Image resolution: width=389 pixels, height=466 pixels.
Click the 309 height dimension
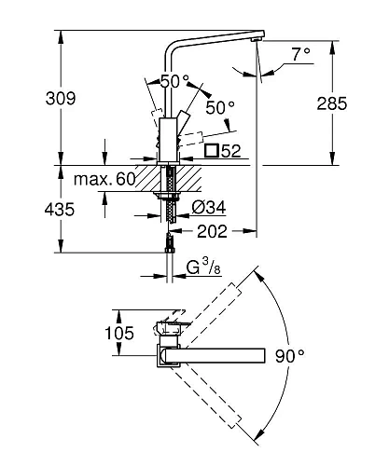(x=61, y=99)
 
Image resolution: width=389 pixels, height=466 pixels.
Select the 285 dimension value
(x=332, y=103)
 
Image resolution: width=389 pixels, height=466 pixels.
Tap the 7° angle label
(x=300, y=54)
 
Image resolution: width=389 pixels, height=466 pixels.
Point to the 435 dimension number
(x=60, y=209)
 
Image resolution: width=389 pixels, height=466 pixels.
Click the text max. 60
(x=104, y=179)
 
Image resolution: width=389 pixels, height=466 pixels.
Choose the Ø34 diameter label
(x=209, y=207)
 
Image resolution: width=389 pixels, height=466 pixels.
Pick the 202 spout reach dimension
(x=213, y=231)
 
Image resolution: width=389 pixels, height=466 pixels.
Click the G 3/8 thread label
(x=203, y=267)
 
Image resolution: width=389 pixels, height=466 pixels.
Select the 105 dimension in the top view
(x=119, y=333)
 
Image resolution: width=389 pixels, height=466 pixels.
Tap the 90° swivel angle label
(x=290, y=356)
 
